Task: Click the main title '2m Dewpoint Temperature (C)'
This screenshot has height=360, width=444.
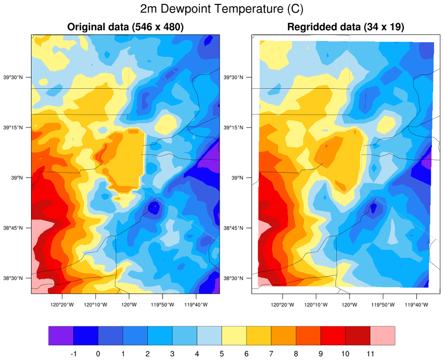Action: click(x=222, y=9)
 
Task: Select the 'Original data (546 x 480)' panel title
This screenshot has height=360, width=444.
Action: click(x=125, y=27)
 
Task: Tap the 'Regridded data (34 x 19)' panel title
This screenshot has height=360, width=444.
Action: click(x=346, y=27)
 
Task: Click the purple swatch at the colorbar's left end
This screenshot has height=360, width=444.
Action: click(x=61, y=336)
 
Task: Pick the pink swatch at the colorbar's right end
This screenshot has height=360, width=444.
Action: click(x=382, y=336)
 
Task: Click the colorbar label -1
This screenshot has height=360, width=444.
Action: click(x=73, y=353)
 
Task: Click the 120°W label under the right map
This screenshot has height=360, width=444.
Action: click(x=350, y=305)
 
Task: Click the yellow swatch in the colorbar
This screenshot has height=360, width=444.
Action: click(x=234, y=336)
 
